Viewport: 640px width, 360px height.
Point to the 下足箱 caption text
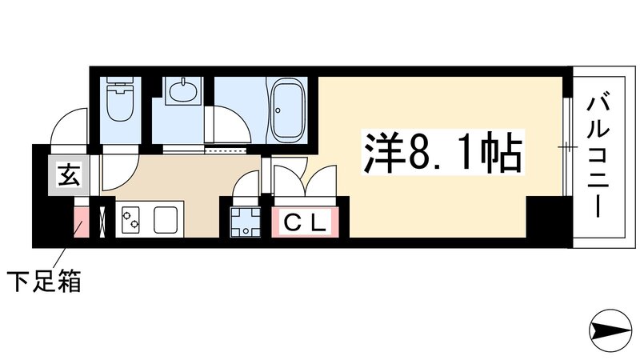(45, 282)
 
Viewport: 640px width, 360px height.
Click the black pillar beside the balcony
(547, 218)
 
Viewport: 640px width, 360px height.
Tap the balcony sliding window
(566, 147)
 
